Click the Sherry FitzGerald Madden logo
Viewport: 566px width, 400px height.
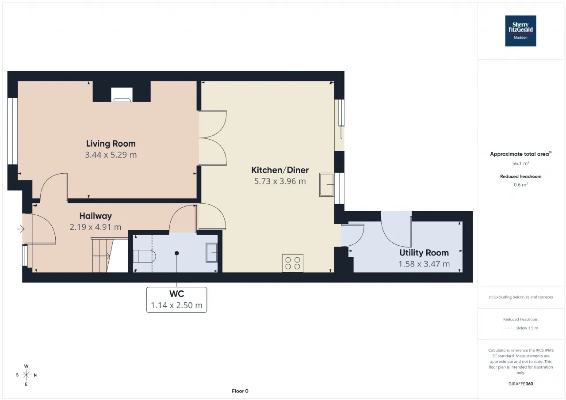click(520, 31)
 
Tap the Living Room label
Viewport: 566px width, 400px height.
click(111, 144)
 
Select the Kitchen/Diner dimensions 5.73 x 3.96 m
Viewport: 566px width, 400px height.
click(280, 181)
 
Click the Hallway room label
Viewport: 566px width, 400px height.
click(96, 216)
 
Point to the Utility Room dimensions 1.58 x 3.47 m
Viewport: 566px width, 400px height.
click(424, 264)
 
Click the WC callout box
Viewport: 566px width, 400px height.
click(176, 300)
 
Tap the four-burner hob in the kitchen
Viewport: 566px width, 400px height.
click(293, 263)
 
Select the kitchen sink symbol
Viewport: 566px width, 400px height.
click(327, 185)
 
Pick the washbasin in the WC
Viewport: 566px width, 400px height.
click(211, 252)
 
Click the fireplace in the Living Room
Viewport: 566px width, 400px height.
click(122, 95)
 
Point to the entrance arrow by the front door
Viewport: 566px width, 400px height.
click(21, 229)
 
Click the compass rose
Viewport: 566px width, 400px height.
click(26, 375)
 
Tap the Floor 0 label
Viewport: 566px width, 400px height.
click(240, 391)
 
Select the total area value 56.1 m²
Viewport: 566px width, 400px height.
click(520, 164)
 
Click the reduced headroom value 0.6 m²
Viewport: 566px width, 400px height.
click(520, 185)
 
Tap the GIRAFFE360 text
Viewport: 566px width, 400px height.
click(520, 384)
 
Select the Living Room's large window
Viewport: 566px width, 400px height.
click(13, 131)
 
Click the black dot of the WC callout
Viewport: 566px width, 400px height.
click(176, 253)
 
